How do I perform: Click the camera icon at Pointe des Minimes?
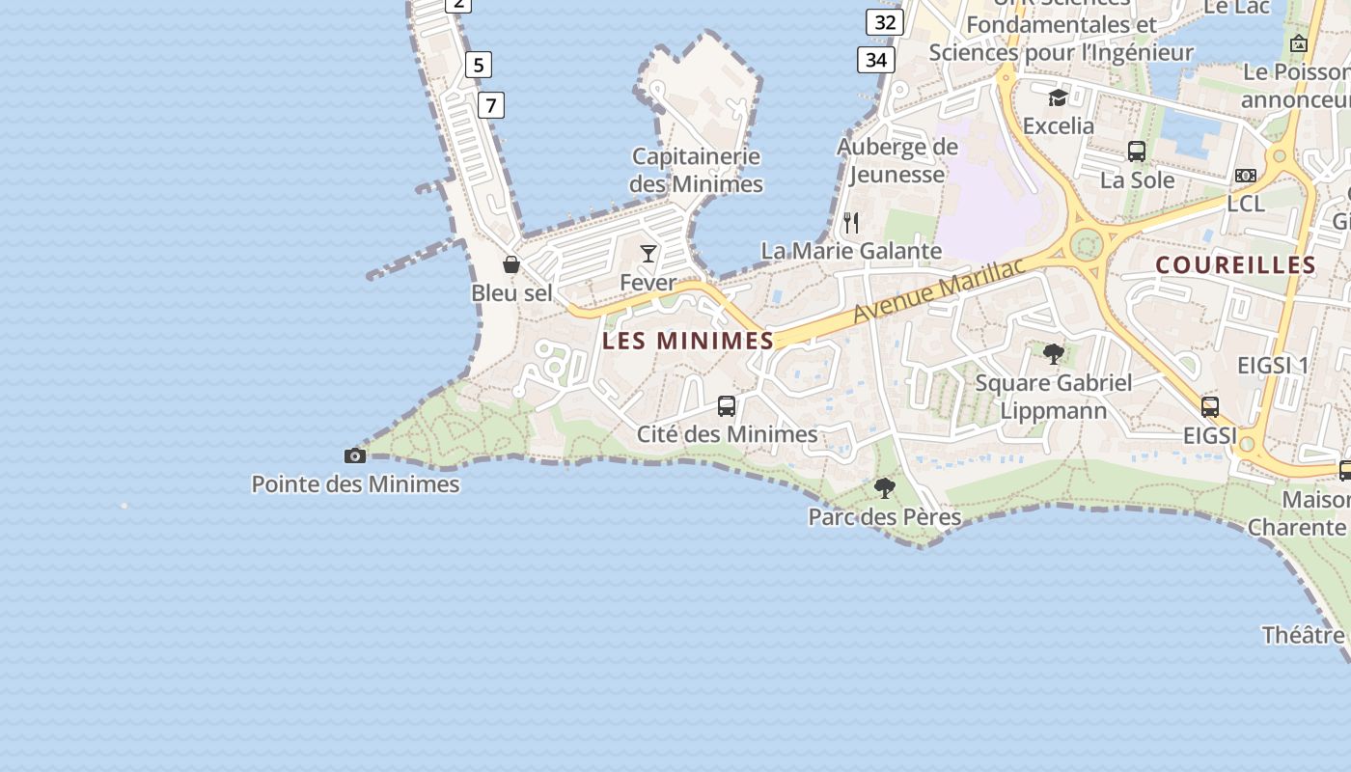[x=355, y=455]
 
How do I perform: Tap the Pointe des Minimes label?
[x=355, y=484]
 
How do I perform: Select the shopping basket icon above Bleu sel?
[x=511, y=264]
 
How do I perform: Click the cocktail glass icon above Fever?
[x=648, y=254]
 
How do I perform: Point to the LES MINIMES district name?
[x=688, y=341]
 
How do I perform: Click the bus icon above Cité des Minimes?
[x=727, y=406]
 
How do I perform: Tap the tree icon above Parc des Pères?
[x=884, y=488]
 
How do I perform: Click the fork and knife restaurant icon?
[x=851, y=223]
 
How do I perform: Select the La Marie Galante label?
[x=851, y=251]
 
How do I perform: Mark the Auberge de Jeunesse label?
[x=897, y=160]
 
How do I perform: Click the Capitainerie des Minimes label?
[x=696, y=170]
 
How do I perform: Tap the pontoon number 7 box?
[x=490, y=105]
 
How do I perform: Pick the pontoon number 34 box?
[x=875, y=60]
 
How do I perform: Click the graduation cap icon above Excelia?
[x=1058, y=97]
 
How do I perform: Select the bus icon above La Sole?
[x=1137, y=152]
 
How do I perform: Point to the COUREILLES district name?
[x=1235, y=265]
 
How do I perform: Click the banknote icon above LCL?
[x=1246, y=176]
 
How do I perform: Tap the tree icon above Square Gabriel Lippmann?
[x=1054, y=354]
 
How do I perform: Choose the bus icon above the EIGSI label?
[x=1210, y=407]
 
